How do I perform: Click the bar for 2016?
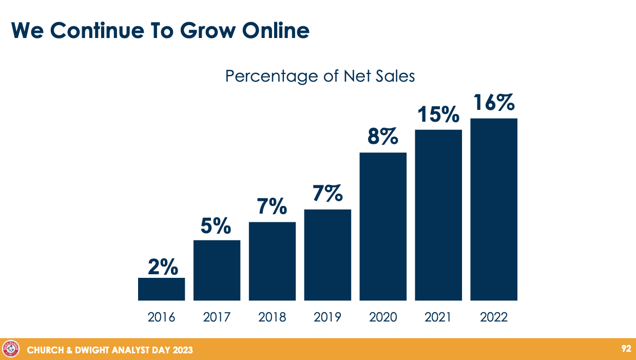[x=161, y=289]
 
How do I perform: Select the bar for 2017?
[x=217, y=270]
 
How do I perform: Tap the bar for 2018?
[x=272, y=261]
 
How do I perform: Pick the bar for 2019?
[x=327, y=255]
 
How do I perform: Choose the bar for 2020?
[x=383, y=226]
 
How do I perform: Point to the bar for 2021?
[x=438, y=215]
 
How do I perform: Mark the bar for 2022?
[x=494, y=210]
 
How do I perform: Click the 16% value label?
[x=494, y=103]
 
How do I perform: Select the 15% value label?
[x=438, y=115]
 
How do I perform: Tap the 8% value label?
[x=383, y=137]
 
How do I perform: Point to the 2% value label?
[x=163, y=267]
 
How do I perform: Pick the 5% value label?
[x=216, y=226]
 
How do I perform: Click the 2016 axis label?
[x=161, y=317]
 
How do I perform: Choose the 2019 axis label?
[x=327, y=317]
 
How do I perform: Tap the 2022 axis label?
[x=494, y=317]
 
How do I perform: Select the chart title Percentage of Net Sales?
[x=320, y=77]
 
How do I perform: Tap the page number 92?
[x=626, y=349]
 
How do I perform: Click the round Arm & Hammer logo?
[x=11, y=349]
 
